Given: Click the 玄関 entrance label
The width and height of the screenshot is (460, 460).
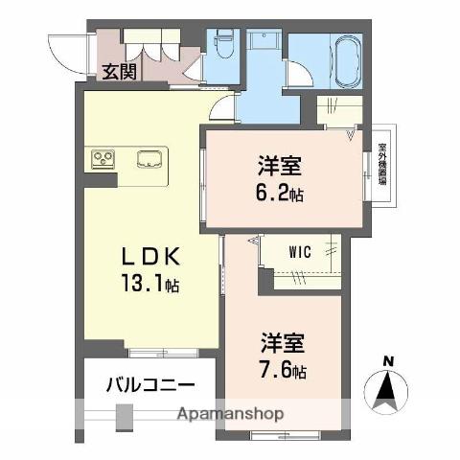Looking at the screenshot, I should tap(119, 70).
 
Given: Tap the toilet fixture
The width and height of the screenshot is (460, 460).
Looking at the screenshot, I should tap(224, 46).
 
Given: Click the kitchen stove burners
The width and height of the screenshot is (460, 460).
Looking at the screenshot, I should tap(103, 159).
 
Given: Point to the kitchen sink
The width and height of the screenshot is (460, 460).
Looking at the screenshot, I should tap(149, 159).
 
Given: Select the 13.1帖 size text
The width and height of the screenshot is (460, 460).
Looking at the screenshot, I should tap(148, 285).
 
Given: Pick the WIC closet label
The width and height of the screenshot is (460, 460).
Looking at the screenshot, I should tap(300, 253).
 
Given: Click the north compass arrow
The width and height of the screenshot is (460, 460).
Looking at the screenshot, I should tap(388, 388).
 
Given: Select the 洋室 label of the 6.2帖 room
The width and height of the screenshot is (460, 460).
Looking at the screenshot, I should tap(279, 165).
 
